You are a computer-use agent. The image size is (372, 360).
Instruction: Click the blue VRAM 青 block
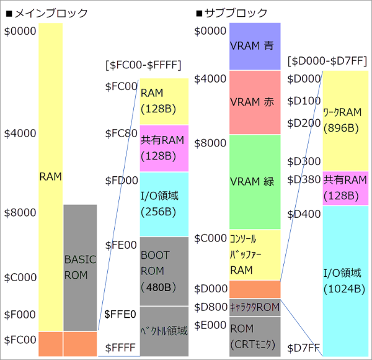tap(255, 46)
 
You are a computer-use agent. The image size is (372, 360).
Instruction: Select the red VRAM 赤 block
tap(255, 102)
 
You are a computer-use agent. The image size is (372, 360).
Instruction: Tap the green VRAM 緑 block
tap(255, 181)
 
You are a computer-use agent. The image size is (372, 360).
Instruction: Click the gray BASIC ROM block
tap(80, 267)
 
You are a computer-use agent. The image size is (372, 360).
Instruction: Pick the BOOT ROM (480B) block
tap(164, 271)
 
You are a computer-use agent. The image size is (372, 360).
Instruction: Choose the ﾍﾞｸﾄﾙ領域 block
tap(164, 331)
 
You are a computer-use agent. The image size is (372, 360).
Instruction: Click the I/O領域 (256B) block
tap(164, 204)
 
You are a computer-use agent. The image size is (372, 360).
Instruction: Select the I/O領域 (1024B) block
tap(342, 281)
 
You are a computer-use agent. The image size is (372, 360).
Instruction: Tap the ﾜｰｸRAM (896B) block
tap(342, 120)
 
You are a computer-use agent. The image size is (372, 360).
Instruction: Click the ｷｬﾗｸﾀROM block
tap(255, 307)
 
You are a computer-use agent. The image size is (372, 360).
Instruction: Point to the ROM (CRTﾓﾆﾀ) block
tap(255, 335)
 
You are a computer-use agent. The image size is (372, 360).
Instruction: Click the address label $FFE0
tap(120, 314)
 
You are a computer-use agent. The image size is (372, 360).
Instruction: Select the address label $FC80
tap(121, 134)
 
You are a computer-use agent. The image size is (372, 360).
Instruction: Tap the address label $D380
tap(304, 180)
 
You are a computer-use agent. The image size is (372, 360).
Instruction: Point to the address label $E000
tap(210, 325)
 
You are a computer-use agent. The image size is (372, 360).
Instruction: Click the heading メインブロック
tap(46, 13)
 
